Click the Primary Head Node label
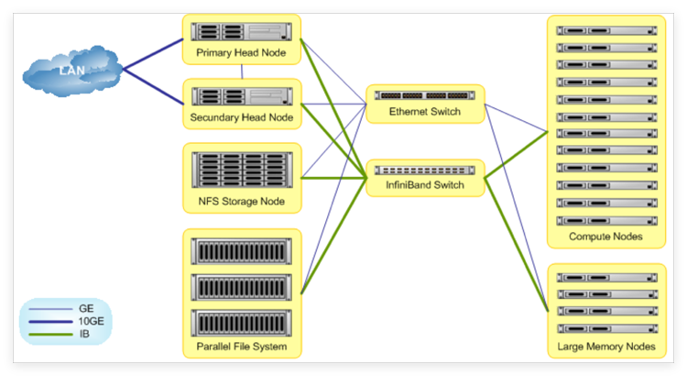[x=242, y=53]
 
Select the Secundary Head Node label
[x=242, y=117]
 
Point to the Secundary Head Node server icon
[x=242, y=95]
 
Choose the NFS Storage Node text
[x=242, y=201]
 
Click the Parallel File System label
[x=242, y=347]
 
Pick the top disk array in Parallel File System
[x=242, y=249]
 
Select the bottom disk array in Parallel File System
[x=242, y=322]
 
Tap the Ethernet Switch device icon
[x=423, y=95]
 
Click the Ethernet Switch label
[x=423, y=112]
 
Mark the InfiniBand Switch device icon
[x=423, y=170]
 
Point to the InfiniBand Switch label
[x=423, y=186]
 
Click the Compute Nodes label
[x=605, y=237]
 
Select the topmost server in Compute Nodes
[x=605, y=30]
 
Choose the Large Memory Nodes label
[x=605, y=348]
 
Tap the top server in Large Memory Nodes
[x=605, y=276]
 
